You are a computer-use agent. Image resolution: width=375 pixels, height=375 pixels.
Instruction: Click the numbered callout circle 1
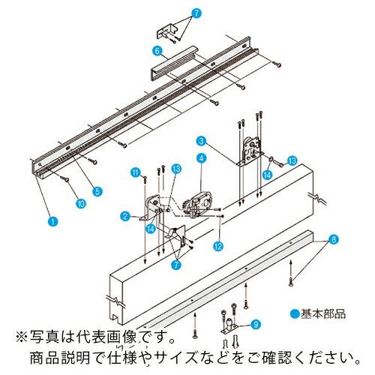[x=50, y=222]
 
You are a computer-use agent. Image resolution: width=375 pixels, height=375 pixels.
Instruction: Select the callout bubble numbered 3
[x=202, y=139]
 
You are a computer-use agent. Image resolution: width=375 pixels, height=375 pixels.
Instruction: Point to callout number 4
[x=202, y=158]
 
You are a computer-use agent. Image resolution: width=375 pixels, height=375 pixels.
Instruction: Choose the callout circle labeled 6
[x=156, y=50]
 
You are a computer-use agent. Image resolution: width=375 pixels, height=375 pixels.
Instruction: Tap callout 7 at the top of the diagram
[x=196, y=13]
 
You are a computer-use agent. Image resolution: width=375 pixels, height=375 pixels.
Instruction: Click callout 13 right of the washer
[x=292, y=160]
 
